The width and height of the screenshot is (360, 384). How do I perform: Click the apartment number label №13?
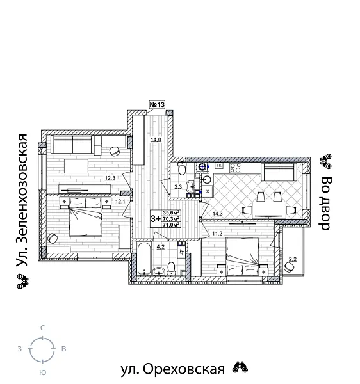(157, 104)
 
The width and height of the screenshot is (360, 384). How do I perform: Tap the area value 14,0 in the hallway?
(155, 140)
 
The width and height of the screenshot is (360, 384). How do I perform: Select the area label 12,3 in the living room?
(110, 178)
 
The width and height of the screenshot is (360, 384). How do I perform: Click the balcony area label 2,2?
(293, 259)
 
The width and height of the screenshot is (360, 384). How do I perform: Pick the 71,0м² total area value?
(171, 225)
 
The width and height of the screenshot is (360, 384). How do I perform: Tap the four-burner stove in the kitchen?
(234, 168)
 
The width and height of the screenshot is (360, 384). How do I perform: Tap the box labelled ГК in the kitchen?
(218, 166)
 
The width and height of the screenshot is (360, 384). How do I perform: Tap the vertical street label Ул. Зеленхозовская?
(23, 199)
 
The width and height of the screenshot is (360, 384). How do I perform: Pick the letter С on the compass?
(42, 328)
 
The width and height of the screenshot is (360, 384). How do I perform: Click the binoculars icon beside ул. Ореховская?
(240, 368)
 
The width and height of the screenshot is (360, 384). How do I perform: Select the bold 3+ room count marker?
(155, 218)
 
